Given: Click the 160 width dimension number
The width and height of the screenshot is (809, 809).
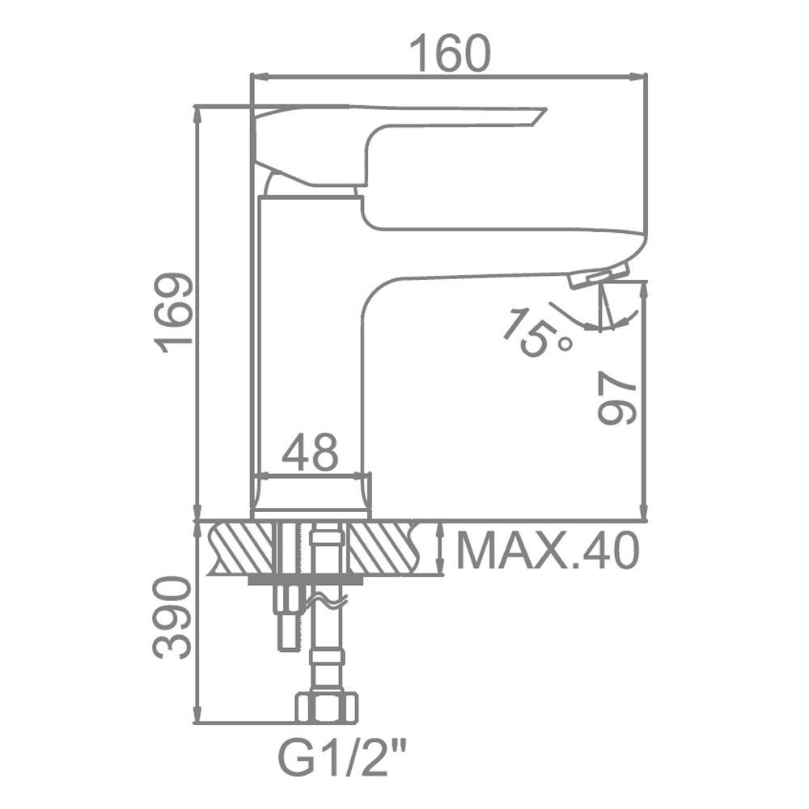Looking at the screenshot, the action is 449,53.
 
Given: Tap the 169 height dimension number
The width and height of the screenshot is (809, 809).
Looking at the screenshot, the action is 176,313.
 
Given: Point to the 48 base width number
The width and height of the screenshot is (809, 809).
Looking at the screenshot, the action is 310,452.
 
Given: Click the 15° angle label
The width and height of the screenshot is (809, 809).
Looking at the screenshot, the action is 536,332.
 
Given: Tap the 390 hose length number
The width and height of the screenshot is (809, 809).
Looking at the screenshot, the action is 173,618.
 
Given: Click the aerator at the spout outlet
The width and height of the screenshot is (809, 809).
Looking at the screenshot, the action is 599,275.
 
